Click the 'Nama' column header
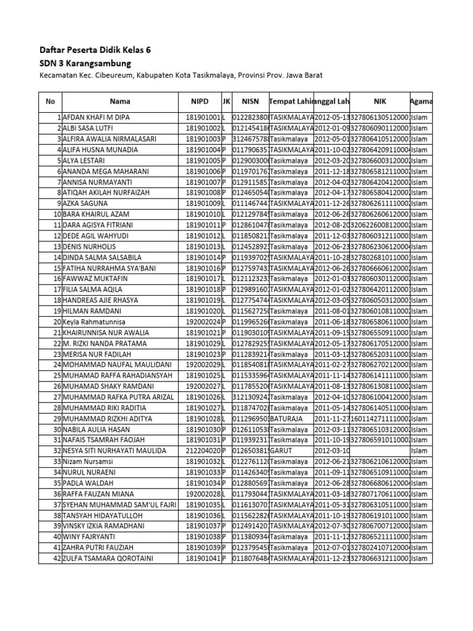(120, 101)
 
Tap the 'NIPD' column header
(200, 101)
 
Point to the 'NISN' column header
(250, 101)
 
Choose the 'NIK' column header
(379, 101)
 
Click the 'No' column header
(51, 101)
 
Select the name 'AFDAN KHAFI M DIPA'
(96, 117)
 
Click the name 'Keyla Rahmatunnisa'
(94, 322)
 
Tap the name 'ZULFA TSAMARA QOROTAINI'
(107, 558)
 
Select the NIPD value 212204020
(203, 450)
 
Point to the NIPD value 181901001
(203, 117)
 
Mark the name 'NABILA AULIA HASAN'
(97, 429)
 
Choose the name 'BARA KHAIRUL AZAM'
(96, 214)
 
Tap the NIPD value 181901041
(203, 558)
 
